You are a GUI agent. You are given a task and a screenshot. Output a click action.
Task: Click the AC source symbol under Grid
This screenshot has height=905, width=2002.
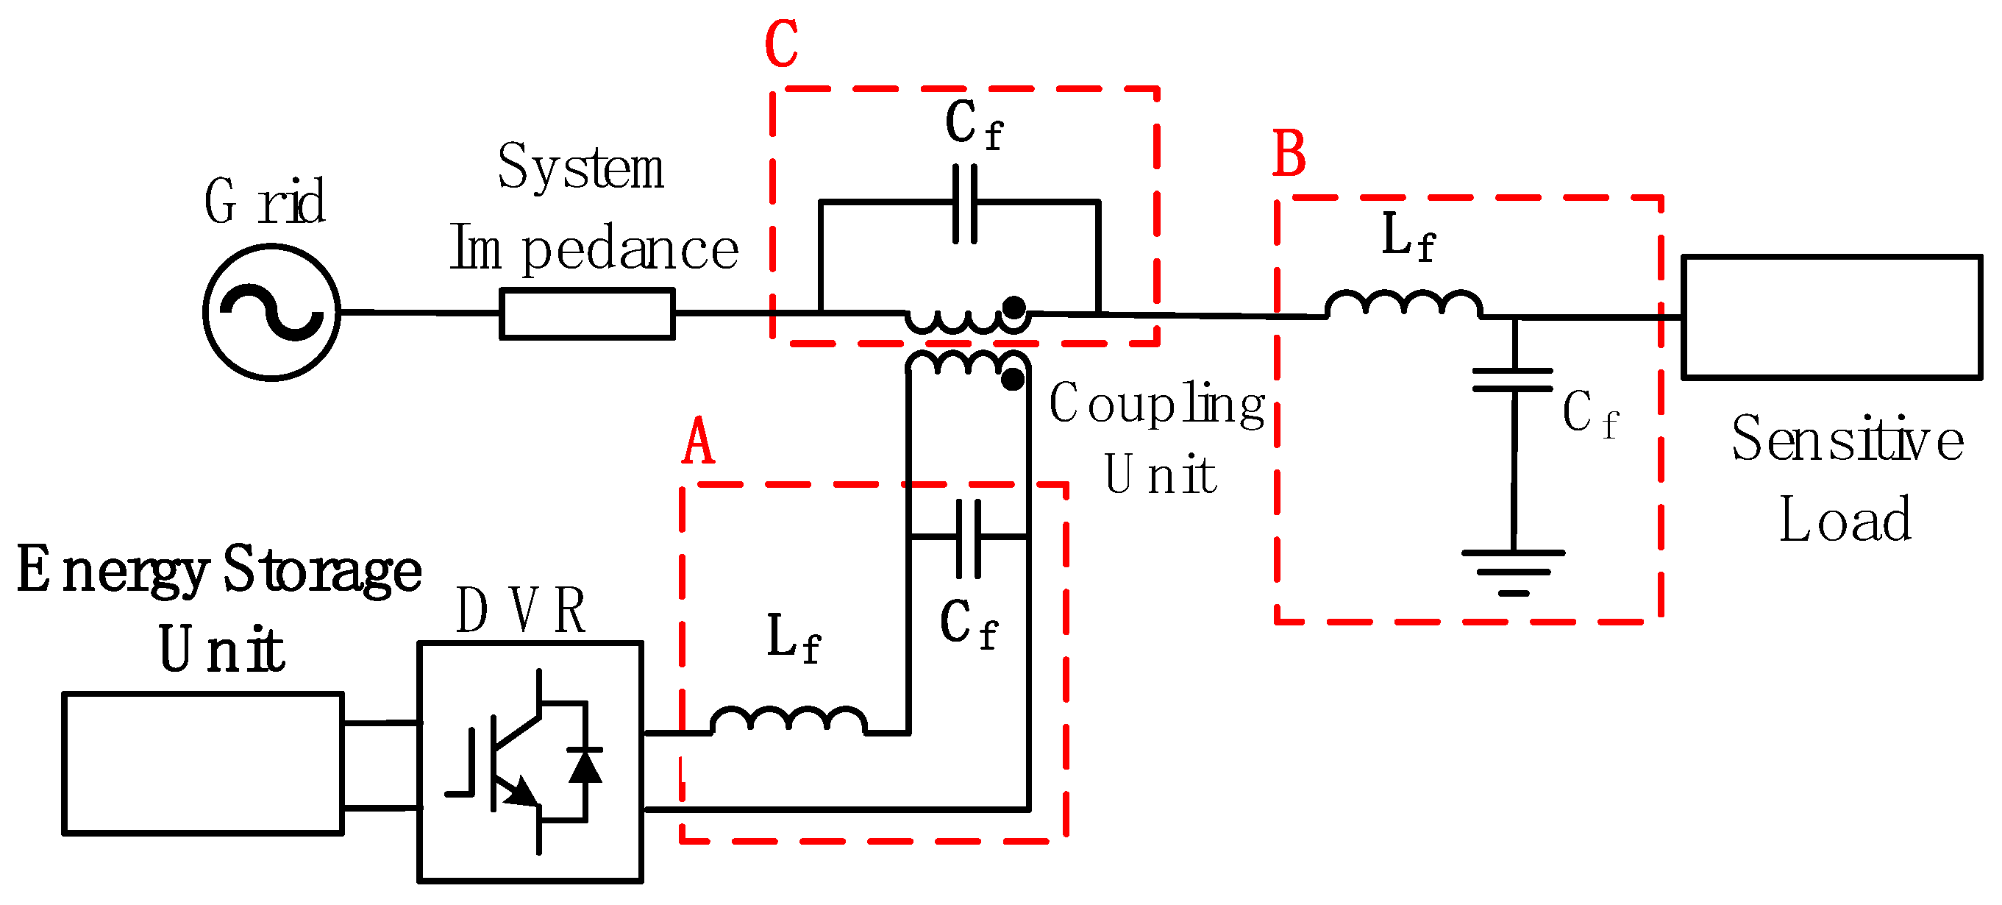tap(271, 313)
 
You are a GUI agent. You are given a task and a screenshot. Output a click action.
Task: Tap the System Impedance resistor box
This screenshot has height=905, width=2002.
tap(587, 313)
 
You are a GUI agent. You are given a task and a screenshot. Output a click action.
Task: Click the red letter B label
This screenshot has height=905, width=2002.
tap(1289, 154)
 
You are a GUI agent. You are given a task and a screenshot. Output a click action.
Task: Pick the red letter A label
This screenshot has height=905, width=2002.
tap(698, 441)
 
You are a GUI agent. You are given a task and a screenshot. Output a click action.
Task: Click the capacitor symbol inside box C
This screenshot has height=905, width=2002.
tap(964, 204)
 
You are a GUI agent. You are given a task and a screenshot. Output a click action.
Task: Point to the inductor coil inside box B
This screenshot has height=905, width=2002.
tap(1403, 304)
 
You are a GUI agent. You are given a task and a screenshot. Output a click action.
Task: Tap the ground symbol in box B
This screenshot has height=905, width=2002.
tap(1512, 572)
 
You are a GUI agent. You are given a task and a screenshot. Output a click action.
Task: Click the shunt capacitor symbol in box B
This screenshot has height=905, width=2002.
tap(1512, 380)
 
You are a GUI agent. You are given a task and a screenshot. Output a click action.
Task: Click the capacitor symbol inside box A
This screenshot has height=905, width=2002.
tap(968, 538)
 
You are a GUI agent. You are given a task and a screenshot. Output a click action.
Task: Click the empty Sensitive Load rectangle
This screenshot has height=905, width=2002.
tap(1831, 317)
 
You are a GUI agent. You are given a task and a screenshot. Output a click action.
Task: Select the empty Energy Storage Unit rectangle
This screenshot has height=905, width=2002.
tap(202, 763)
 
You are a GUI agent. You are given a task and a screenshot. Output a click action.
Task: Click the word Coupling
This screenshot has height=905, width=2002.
tap(1156, 404)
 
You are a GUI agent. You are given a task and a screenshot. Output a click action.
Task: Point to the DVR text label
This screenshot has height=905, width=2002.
tap(520, 611)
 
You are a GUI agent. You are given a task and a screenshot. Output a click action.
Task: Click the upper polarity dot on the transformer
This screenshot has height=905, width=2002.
tap(1013, 308)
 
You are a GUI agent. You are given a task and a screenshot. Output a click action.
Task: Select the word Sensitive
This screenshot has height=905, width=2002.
tap(1848, 439)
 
